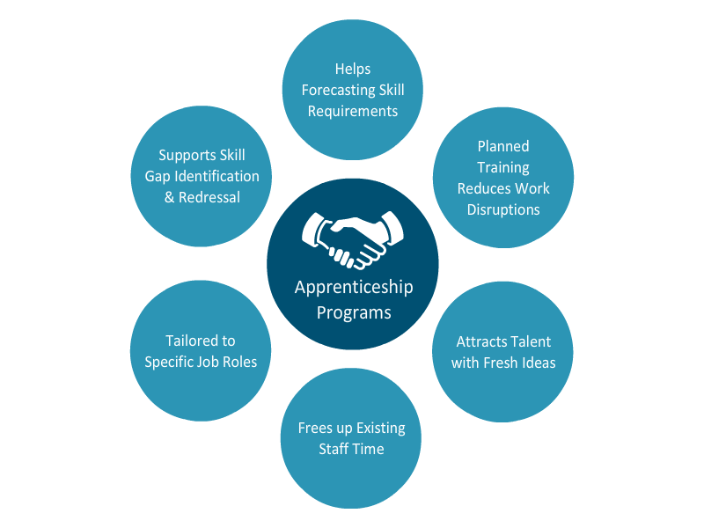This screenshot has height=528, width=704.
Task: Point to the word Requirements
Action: (x=353, y=111)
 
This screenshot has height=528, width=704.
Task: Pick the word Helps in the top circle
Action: (x=353, y=69)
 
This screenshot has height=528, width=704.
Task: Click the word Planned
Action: (x=503, y=146)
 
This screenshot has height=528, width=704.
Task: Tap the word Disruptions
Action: (x=503, y=209)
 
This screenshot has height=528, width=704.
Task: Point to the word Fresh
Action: (x=503, y=363)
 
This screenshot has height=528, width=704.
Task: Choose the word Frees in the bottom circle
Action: (x=316, y=428)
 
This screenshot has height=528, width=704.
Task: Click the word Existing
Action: (x=381, y=428)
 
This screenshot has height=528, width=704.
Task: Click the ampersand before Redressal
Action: (x=170, y=197)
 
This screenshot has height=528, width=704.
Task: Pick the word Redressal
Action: (x=209, y=197)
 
